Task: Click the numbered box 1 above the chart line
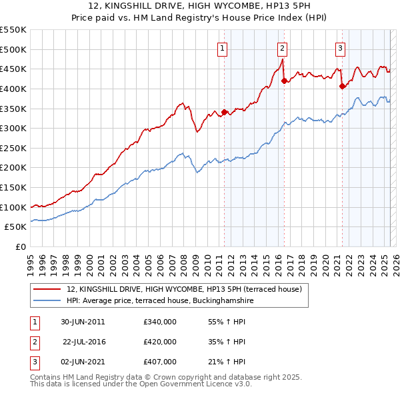click(222, 47)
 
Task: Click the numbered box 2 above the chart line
click(283, 47)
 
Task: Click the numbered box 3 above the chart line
click(340, 47)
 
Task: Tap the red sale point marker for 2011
click(225, 112)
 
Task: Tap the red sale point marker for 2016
click(285, 81)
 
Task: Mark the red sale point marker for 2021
click(342, 85)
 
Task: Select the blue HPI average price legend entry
click(160, 301)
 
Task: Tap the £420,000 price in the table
click(160, 342)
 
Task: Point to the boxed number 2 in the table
click(33, 342)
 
